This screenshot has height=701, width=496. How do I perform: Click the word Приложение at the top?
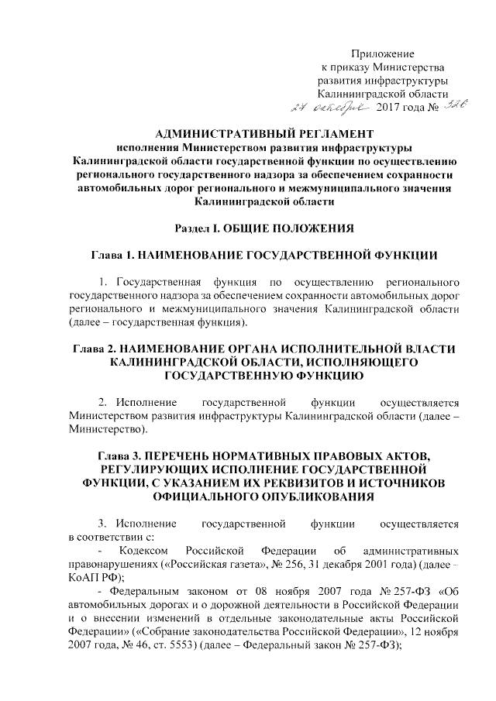383,53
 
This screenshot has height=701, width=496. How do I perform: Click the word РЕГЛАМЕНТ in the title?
319,133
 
